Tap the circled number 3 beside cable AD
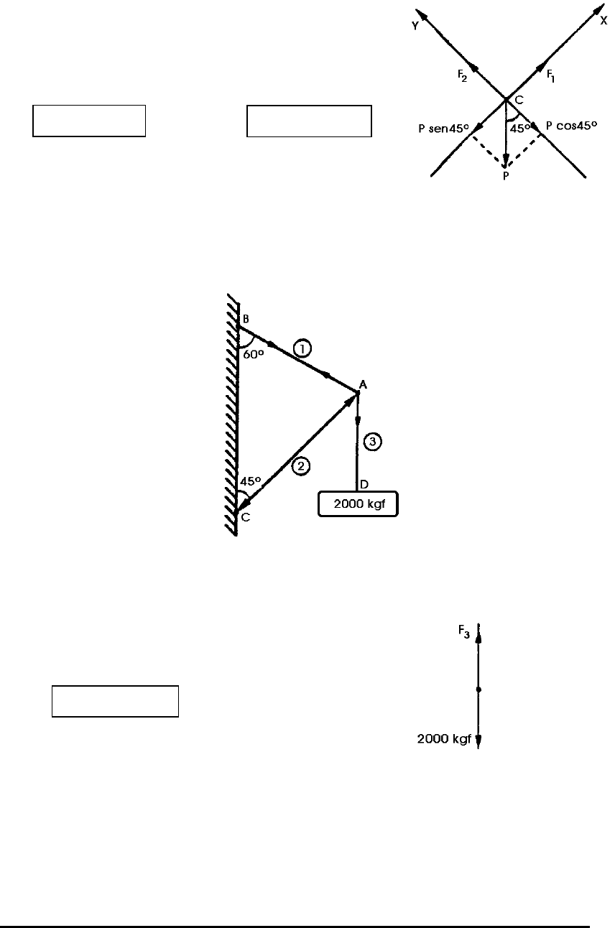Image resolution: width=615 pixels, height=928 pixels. tap(372, 442)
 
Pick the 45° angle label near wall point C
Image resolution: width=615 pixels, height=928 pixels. tap(249, 481)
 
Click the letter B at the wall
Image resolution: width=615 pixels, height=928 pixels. tap(246, 319)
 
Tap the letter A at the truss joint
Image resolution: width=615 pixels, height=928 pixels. tap(364, 385)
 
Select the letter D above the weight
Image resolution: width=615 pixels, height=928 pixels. tap(364, 485)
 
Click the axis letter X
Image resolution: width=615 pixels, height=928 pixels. tap(604, 21)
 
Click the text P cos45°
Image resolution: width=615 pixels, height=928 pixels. tap(572, 125)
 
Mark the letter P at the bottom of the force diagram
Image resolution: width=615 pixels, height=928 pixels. tap(506, 176)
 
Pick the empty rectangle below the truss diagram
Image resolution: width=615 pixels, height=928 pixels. tap(115, 701)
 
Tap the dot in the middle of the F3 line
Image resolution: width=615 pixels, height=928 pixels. tap(478, 690)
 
